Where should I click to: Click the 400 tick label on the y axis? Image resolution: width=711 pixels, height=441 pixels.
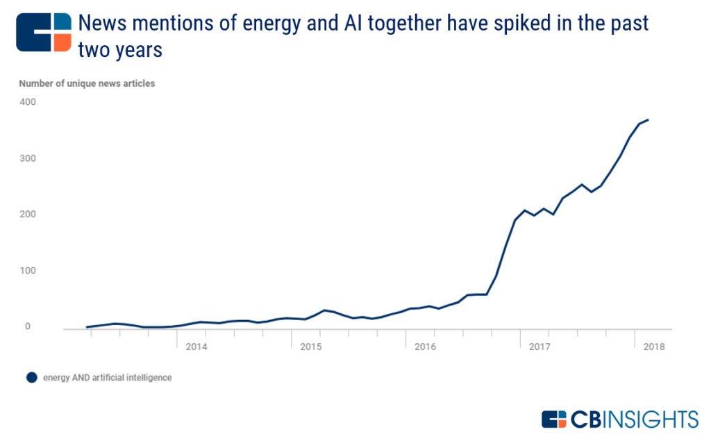pyautogui.click(x=27, y=102)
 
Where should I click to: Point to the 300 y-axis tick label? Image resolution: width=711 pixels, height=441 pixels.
pyautogui.click(x=27, y=158)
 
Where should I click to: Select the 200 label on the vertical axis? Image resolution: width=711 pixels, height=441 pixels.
pyautogui.click(x=27, y=215)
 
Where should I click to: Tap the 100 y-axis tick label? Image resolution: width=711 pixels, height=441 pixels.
pyautogui.click(x=27, y=271)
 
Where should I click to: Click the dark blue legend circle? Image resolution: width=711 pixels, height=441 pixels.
pyautogui.click(x=31, y=378)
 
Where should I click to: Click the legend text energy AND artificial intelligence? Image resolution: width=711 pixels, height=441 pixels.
pyautogui.click(x=107, y=378)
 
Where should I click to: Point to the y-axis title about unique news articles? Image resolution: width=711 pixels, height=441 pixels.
pyautogui.click(x=87, y=83)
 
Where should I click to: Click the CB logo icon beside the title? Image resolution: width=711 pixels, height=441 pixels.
pyautogui.click(x=44, y=31)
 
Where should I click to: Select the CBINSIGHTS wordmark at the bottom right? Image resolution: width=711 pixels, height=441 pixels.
pyautogui.click(x=619, y=419)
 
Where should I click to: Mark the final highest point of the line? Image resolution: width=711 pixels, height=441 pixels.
pyautogui.click(x=648, y=119)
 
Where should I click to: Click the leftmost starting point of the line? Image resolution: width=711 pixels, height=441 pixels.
pyautogui.click(x=87, y=326)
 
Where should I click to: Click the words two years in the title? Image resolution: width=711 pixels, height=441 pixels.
pyautogui.click(x=120, y=50)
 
